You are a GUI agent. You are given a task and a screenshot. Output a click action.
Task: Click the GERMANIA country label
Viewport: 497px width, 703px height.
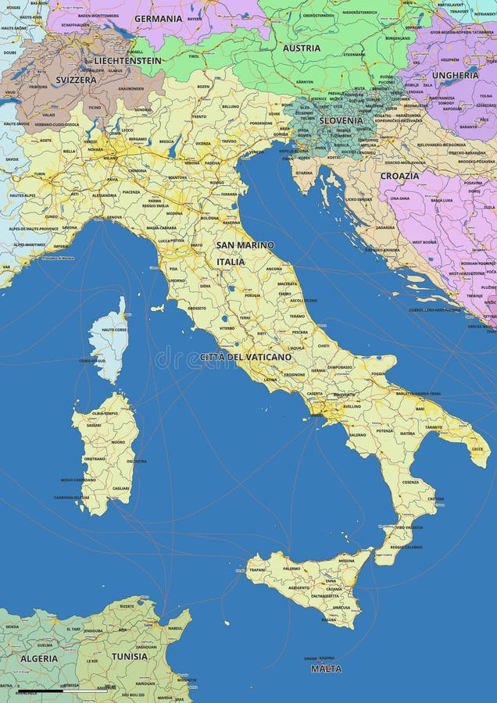[158, 18]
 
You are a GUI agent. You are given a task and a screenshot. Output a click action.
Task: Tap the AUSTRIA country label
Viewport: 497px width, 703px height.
[302, 48]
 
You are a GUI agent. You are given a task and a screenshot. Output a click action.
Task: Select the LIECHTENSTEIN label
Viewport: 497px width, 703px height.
[128, 60]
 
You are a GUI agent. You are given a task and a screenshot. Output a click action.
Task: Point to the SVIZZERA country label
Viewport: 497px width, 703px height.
[76, 80]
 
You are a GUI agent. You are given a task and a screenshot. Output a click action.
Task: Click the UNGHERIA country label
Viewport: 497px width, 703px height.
[456, 76]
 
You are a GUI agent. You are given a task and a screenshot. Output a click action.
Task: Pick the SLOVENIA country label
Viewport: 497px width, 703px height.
[341, 121]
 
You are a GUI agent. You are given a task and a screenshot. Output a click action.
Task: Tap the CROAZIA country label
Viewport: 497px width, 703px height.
[399, 176]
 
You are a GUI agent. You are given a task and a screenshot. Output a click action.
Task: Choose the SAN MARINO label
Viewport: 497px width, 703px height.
[245, 245]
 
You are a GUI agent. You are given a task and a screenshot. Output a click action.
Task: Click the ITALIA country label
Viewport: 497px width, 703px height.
[231, 262]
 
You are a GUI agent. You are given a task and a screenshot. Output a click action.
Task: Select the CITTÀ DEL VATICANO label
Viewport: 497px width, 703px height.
[245, 357]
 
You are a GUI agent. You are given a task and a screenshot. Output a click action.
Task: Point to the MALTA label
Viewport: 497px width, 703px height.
[326, 669]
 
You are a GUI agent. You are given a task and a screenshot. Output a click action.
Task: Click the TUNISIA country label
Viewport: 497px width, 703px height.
[129, 656]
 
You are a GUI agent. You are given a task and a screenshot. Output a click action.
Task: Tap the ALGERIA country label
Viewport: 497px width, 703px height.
[39, 658]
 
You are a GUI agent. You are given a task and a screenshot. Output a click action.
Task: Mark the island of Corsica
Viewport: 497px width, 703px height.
[108, 340]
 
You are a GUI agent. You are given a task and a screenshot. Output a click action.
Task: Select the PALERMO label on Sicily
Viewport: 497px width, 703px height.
[291, 568]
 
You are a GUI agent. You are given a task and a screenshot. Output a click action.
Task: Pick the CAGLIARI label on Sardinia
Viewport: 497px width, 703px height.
[121, 487]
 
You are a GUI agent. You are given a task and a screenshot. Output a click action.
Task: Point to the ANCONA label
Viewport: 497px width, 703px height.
[274, 269]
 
